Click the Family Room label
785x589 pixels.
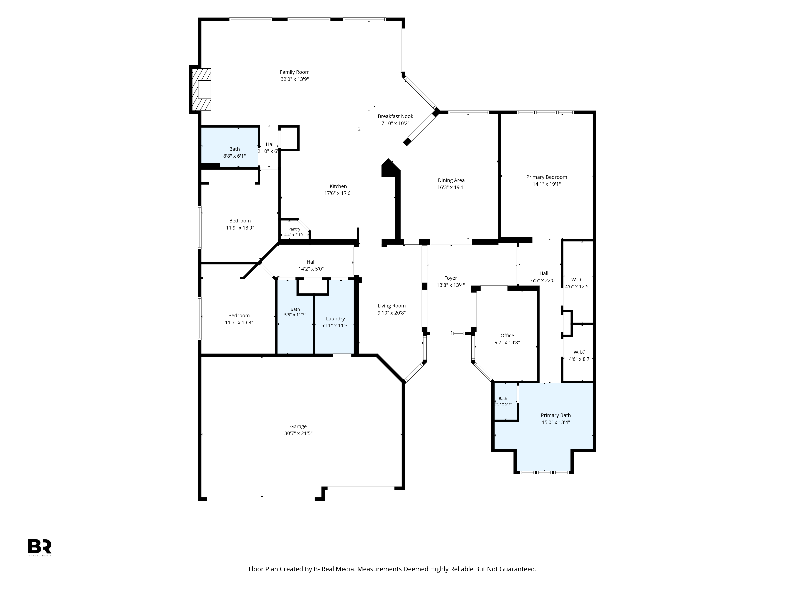pyautogui.click(x=295, y=72)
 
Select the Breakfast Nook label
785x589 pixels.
pyautogui.click(x=395, y=116)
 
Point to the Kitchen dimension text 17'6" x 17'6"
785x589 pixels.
pyautogui.click(x=338, y=193)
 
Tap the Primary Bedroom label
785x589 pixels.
pyautogui.click(x=547, y=177)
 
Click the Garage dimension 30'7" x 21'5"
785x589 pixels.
pyautogui.click(x=298, y=433)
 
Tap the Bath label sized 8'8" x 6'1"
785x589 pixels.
pyautogui.click(x=234, y=149)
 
